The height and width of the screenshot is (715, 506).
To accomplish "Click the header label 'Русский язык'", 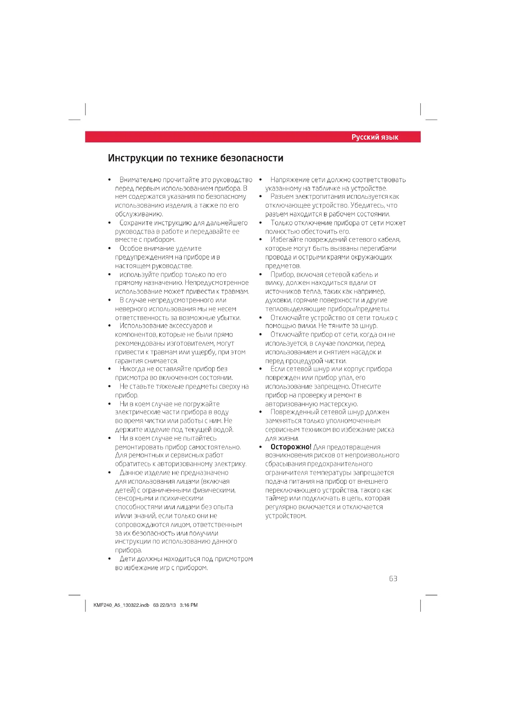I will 374,137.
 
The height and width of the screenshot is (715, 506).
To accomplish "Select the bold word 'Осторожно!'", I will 291,447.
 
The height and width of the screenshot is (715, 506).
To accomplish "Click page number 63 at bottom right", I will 393,579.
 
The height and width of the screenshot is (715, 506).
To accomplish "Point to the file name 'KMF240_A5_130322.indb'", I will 121,605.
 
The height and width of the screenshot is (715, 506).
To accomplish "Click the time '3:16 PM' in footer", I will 188,605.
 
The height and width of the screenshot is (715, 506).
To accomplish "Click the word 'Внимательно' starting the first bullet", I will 140,180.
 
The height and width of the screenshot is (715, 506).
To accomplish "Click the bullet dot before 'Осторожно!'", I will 260,447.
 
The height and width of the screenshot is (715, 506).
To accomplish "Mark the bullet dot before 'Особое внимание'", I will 109,248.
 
